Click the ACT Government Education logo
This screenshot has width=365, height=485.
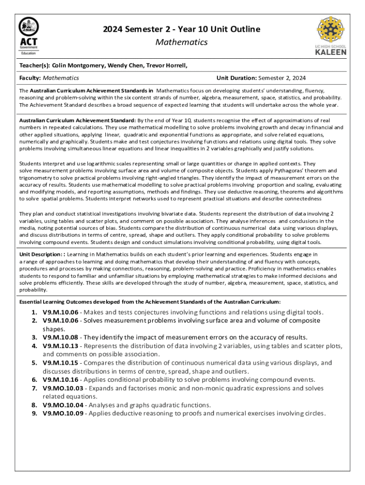click(x=29, y=36)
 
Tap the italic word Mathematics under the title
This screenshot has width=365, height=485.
click(x=182, y=42)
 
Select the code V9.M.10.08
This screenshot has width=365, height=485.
click(x=60, y=337)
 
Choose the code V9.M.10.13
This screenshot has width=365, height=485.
click(x=60, y=346)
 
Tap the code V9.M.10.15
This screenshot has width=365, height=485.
click(x=60, y=363)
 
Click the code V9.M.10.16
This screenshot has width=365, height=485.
click(x=60, y=380)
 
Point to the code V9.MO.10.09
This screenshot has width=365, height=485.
click(x=63, y=413)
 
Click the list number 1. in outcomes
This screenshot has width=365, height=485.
click(x=35, y=312)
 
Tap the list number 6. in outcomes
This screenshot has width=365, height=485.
click(x=35, y=380)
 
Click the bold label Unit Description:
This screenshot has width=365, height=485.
click(x=40, y=254)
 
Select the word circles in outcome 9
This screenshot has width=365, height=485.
click(x=313, y=413)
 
